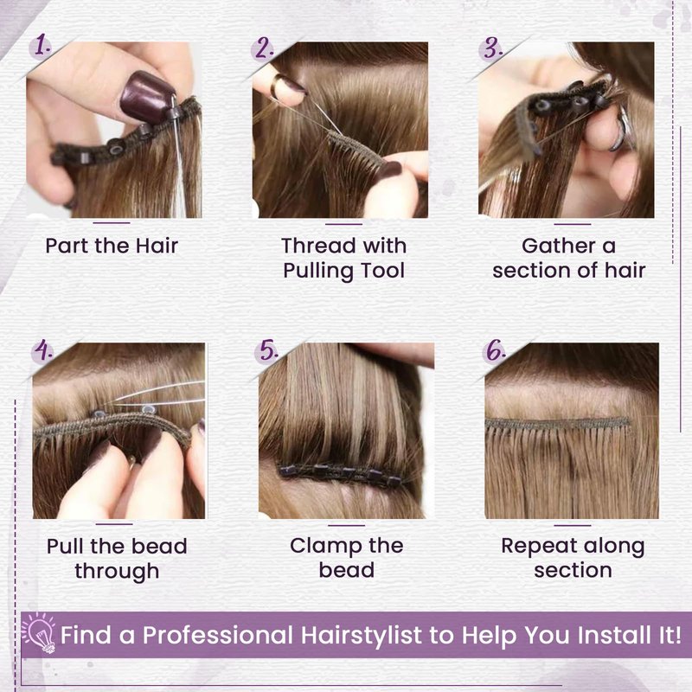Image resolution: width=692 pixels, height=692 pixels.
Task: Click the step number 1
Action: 42,46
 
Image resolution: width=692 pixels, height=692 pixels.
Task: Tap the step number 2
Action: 265,48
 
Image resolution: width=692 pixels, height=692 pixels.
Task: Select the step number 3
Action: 493,48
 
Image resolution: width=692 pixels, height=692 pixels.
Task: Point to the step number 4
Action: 44,350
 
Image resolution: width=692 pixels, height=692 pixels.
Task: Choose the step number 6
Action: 496,351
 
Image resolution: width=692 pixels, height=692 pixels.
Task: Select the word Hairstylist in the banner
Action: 362,636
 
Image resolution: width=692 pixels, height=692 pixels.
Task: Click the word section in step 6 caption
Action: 573,570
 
